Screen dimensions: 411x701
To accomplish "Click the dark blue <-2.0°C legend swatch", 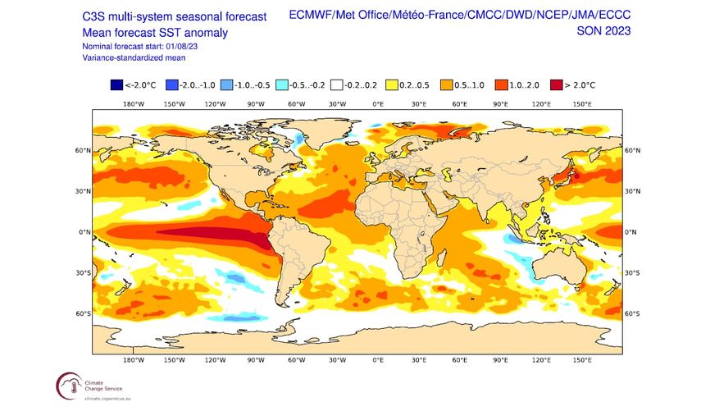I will [117, 83].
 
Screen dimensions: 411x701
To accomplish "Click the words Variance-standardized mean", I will [133, 58].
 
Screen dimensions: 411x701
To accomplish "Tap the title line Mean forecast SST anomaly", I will [154, 32].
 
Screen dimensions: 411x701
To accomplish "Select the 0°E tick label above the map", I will [378, 104].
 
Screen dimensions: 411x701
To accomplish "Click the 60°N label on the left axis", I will [82, 151].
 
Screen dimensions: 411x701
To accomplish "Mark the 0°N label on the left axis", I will [84, 232].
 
